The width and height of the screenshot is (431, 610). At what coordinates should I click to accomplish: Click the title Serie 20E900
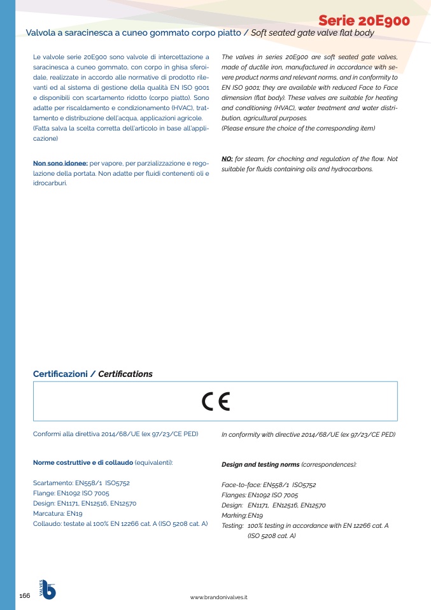tap(364, 20)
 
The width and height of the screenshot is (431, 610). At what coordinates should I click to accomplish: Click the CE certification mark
tap(215, 401)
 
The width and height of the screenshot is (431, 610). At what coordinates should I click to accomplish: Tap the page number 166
tap(25, 595)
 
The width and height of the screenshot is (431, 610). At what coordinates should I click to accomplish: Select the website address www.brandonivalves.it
tap(218, 597)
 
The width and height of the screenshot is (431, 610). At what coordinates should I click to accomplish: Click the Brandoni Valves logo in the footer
tap(48, 590)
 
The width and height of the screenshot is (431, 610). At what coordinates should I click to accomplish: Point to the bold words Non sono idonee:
tap(60, 164)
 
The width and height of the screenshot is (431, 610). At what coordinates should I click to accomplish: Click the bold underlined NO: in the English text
tap(227, 159)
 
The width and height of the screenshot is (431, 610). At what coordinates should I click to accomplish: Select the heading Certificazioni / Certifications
tap(92, 374)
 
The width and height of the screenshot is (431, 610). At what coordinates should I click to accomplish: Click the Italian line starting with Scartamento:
tap(81, 483)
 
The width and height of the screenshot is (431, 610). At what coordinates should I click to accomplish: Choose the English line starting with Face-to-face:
tap(268, 485)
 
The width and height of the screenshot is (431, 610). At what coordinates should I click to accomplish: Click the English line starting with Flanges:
tap(259, 495)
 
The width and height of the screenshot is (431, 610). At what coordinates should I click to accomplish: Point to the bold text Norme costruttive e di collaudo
tap(83, 462)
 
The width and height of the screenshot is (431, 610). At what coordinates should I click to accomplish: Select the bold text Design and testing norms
tap(260, 465)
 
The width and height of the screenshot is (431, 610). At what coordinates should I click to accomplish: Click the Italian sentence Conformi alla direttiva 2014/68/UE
tap(115, 434)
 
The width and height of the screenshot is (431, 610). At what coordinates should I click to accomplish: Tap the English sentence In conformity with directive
tap(308, 434)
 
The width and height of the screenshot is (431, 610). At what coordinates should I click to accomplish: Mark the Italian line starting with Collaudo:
tap(120, 523)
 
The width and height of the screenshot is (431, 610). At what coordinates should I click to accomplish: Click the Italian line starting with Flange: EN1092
tap(71, 493)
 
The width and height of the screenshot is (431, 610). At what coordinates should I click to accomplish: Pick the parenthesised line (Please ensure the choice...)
tap(298, 129)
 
